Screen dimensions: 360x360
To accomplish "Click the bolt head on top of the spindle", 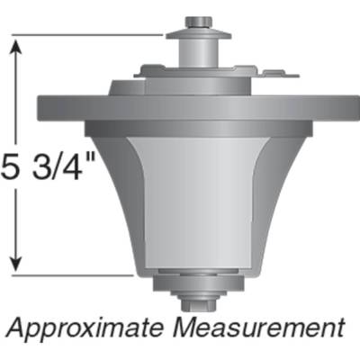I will (x=197, y=22).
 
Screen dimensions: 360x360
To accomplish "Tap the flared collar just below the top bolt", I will (x=197, y=36).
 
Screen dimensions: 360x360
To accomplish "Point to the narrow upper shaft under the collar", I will (x=197, y=56).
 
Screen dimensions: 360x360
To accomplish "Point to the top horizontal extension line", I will (x=90, y=36).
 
